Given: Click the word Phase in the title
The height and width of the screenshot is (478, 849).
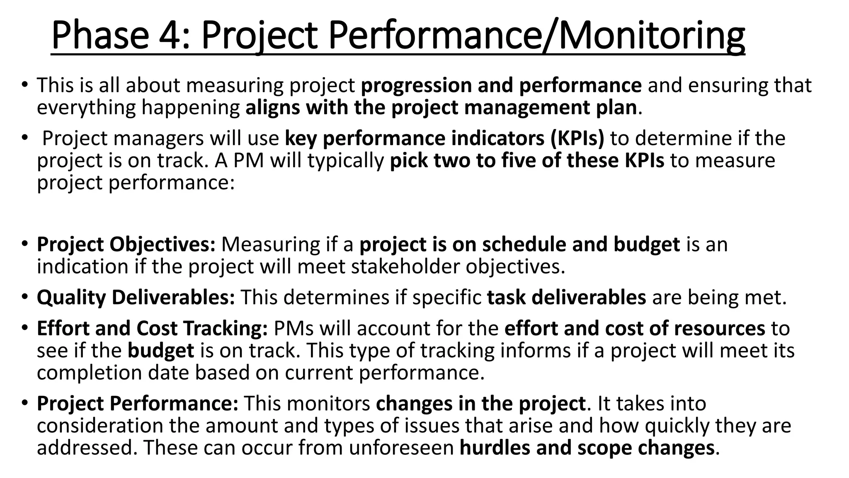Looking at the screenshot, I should tap(100, 36).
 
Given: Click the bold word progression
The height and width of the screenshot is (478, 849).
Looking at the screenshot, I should tap(416, 86).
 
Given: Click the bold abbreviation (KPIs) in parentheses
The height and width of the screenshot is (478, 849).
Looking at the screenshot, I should tap(577, 139).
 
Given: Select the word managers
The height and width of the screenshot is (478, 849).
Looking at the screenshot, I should tap(158, 139).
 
